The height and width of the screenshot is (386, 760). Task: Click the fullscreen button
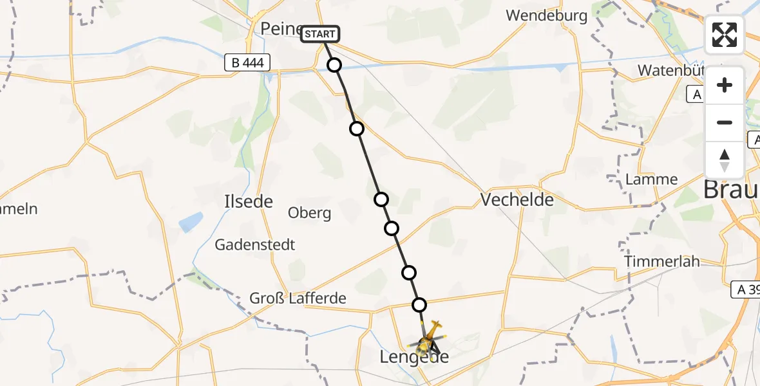725,35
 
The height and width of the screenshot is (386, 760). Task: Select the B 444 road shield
247,63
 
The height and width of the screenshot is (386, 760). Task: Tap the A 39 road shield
745,290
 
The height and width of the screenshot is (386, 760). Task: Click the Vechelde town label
517,200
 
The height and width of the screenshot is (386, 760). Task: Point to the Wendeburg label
546,15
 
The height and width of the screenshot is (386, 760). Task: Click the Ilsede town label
249,202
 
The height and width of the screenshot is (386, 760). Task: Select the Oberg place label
310,214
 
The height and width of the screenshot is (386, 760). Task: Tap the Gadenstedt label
255,245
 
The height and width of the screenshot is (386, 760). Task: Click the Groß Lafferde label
298,299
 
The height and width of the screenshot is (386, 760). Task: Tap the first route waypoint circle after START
334,64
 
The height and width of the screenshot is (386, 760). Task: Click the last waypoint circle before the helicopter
419,304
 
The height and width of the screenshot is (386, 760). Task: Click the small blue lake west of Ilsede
191,223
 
